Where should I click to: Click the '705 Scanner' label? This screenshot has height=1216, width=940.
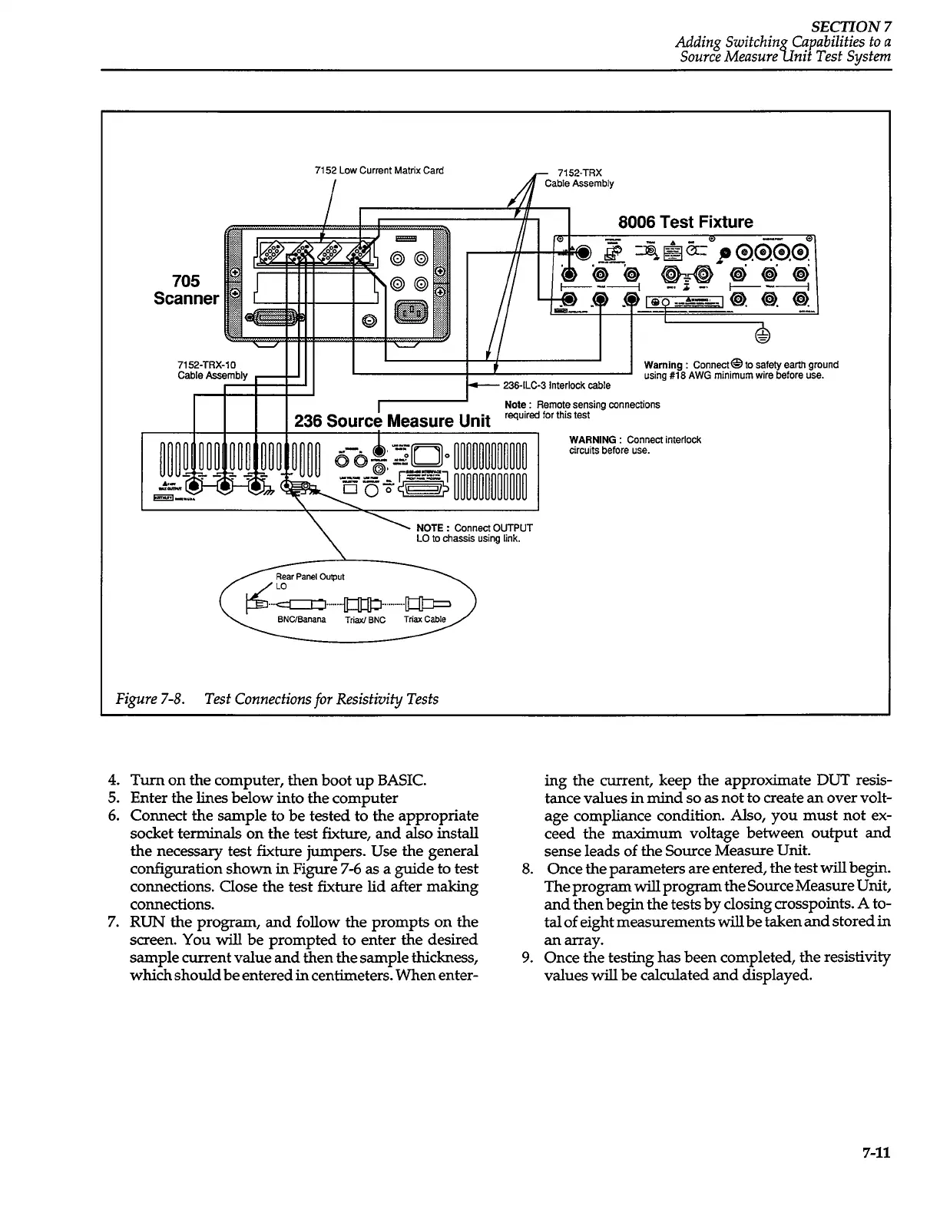[186, 289]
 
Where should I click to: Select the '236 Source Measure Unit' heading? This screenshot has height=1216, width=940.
[392, 421]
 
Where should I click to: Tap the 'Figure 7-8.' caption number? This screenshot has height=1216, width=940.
[148, 699]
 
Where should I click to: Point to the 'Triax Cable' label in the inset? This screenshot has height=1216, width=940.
[425, 620]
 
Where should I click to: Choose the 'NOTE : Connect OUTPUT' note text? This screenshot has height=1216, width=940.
[474, 527]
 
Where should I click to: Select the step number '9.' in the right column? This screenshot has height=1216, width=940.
[526, 957]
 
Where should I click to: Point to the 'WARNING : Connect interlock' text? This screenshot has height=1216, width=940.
[634, 440]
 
